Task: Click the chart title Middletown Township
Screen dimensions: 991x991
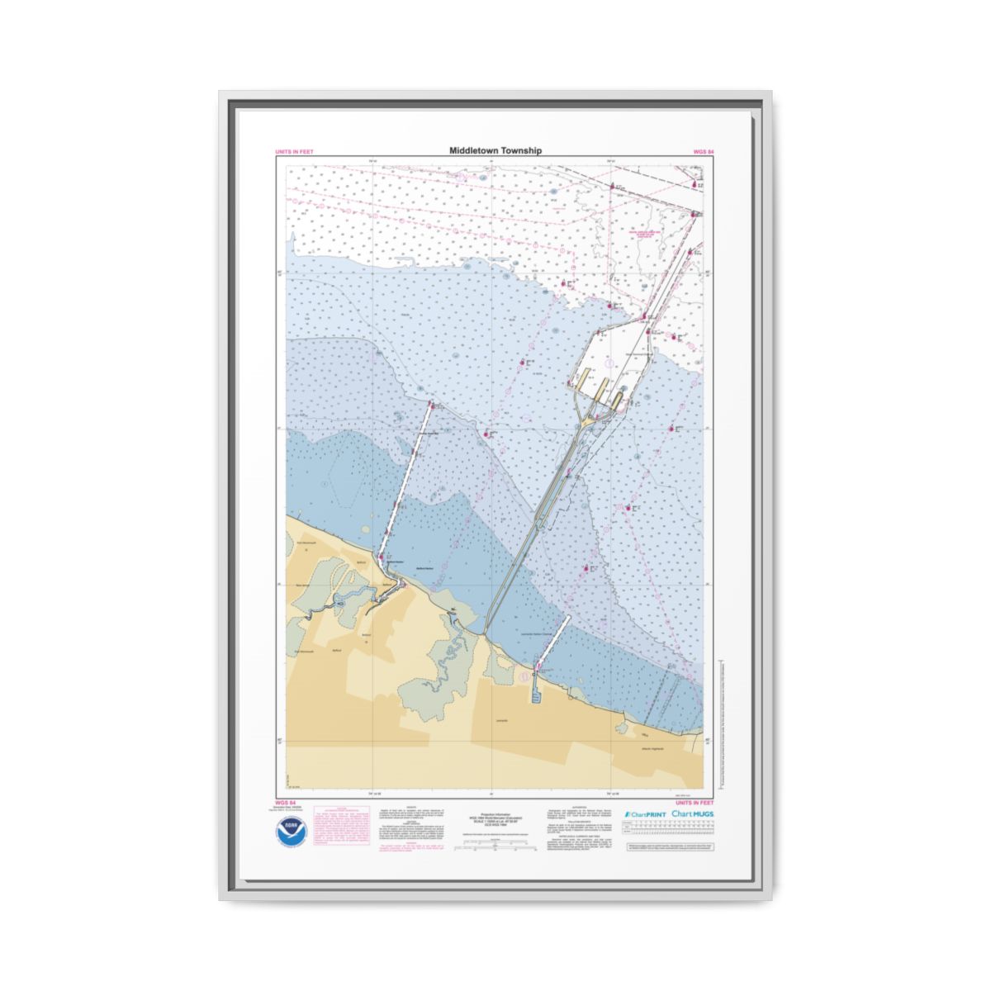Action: point(495,151)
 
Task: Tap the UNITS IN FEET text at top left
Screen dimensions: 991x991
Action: point(294,152)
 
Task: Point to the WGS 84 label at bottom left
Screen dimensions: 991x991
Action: point(284,802)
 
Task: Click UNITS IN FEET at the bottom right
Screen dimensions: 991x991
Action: point(695,802)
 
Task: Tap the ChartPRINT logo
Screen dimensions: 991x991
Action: point(646,814)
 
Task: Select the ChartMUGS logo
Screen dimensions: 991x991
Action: point(693,813)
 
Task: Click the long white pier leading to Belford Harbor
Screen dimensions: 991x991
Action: point(406,479)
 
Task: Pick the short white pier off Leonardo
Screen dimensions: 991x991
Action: point(553,640)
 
